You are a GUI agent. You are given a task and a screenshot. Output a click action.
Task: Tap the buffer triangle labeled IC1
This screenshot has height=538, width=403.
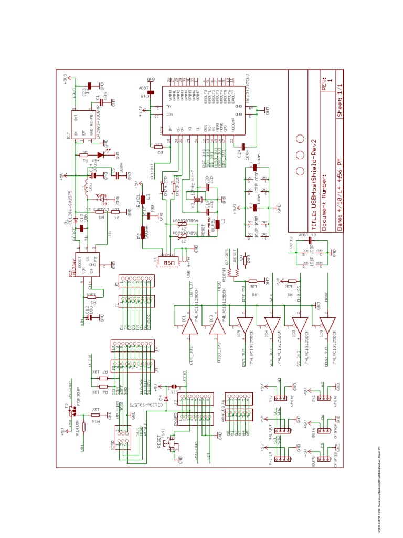coord(189,327)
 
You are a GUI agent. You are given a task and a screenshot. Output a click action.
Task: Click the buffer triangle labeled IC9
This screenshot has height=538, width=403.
coord(327,327)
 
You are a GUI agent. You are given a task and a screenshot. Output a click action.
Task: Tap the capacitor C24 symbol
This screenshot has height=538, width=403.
coord(243,146)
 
